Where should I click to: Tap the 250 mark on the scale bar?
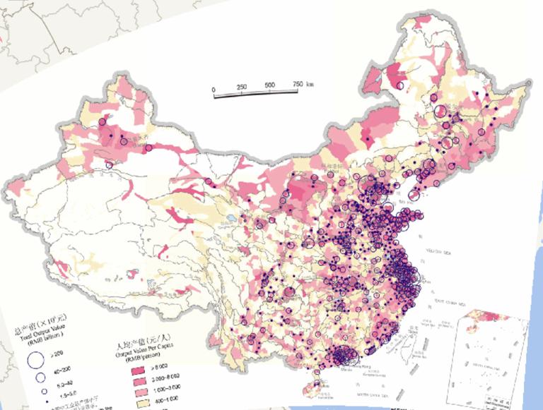coord(242,87)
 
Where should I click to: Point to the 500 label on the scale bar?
coord(269,85)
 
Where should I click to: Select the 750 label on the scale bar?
coord(296,85)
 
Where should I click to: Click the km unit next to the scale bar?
coord(310,84)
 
